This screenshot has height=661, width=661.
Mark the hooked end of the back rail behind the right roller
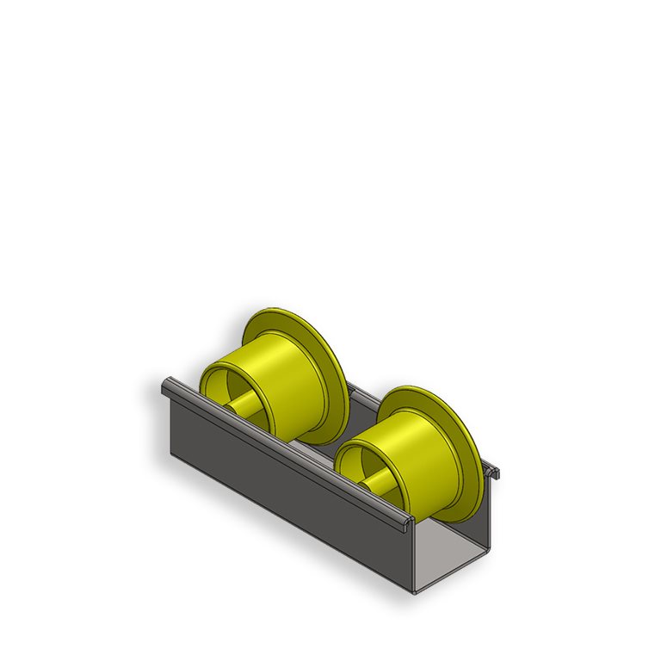click(493, 471)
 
